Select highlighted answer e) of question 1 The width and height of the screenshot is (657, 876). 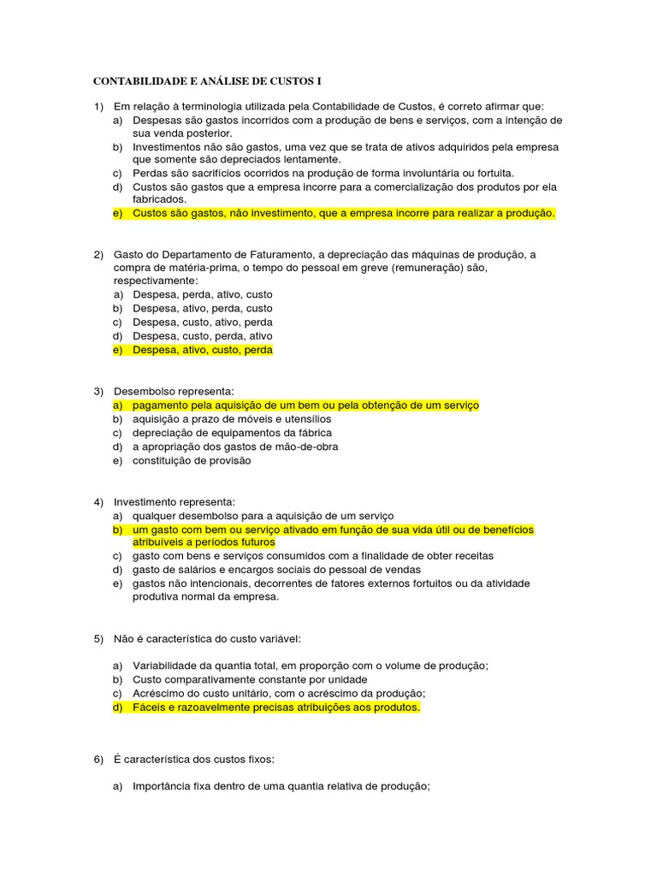tap(343, 213)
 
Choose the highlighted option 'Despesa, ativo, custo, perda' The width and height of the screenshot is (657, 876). tap(202, 350)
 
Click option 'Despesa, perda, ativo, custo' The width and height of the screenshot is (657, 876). tap(202, 294)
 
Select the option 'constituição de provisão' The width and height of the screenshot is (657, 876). tap(192, 460)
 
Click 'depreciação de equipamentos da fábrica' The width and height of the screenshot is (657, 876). tap(232, 433)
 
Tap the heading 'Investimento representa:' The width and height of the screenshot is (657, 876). tap(175, 501)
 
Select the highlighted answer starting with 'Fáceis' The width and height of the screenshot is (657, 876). tap(275, 707)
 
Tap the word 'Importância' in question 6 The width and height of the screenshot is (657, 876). tap(163, 787)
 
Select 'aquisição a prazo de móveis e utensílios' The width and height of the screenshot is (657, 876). tap(231, 419)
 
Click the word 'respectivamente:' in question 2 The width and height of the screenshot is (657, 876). tap(156, 281)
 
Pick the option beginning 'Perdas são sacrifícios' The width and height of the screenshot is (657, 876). tap(323, 172)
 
